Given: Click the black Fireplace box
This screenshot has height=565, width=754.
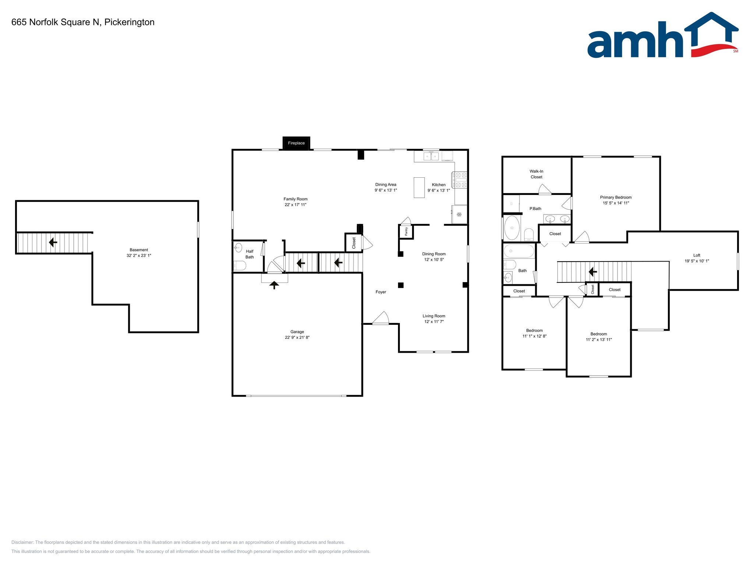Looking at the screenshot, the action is [296, 143].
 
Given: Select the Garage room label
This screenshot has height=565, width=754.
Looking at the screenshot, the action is [297, 332].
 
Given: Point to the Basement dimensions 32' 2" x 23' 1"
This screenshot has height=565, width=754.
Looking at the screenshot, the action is [139, 256].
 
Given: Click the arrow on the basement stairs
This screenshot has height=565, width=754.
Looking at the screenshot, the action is [53, 242].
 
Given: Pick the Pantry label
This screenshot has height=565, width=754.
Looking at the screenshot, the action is [406, 231].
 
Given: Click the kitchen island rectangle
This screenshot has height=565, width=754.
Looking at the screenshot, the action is [419, 188].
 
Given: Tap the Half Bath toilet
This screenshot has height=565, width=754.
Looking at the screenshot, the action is [240, 265].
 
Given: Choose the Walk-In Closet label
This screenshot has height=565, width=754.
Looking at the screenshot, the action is [536, 174].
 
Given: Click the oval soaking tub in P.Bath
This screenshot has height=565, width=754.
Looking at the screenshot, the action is [512, 228].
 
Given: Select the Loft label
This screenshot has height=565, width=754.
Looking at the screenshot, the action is [697, 255].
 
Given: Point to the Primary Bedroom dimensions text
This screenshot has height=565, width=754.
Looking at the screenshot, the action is [616, 203].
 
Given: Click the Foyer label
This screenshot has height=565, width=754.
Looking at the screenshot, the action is [381, 292].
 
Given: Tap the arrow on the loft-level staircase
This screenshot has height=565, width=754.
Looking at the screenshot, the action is [593, 272].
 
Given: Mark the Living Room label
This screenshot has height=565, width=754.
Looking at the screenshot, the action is [434, 316].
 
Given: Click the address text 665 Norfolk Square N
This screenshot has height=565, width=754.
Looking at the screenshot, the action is [55, 22].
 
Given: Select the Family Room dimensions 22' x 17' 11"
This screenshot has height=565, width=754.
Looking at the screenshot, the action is [295, 205].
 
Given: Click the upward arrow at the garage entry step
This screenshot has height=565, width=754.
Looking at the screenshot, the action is [274, 285].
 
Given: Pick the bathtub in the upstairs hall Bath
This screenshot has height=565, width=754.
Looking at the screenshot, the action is [519, 251].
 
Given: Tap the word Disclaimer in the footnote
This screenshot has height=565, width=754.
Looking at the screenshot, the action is [22, 542].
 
